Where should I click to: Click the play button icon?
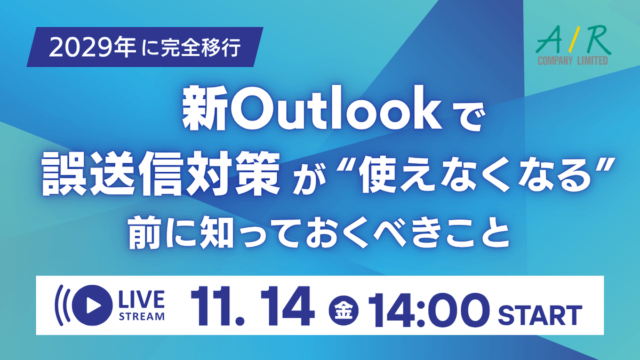click(92, 305)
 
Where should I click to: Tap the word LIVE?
click(142, 299)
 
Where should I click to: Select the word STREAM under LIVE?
click(142, 317)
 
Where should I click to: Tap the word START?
click(540, 315)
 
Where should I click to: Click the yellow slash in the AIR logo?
click(575, 39)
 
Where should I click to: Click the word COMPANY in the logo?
click(555, 61)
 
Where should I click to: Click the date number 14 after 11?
click(285, 306)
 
